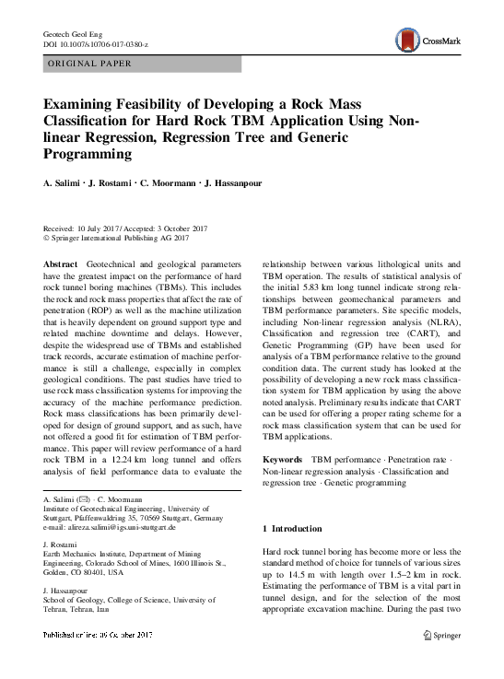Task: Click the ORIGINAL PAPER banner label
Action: click(88, 64)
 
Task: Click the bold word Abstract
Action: click(60, 263)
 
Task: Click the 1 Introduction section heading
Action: click(292, 529)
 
